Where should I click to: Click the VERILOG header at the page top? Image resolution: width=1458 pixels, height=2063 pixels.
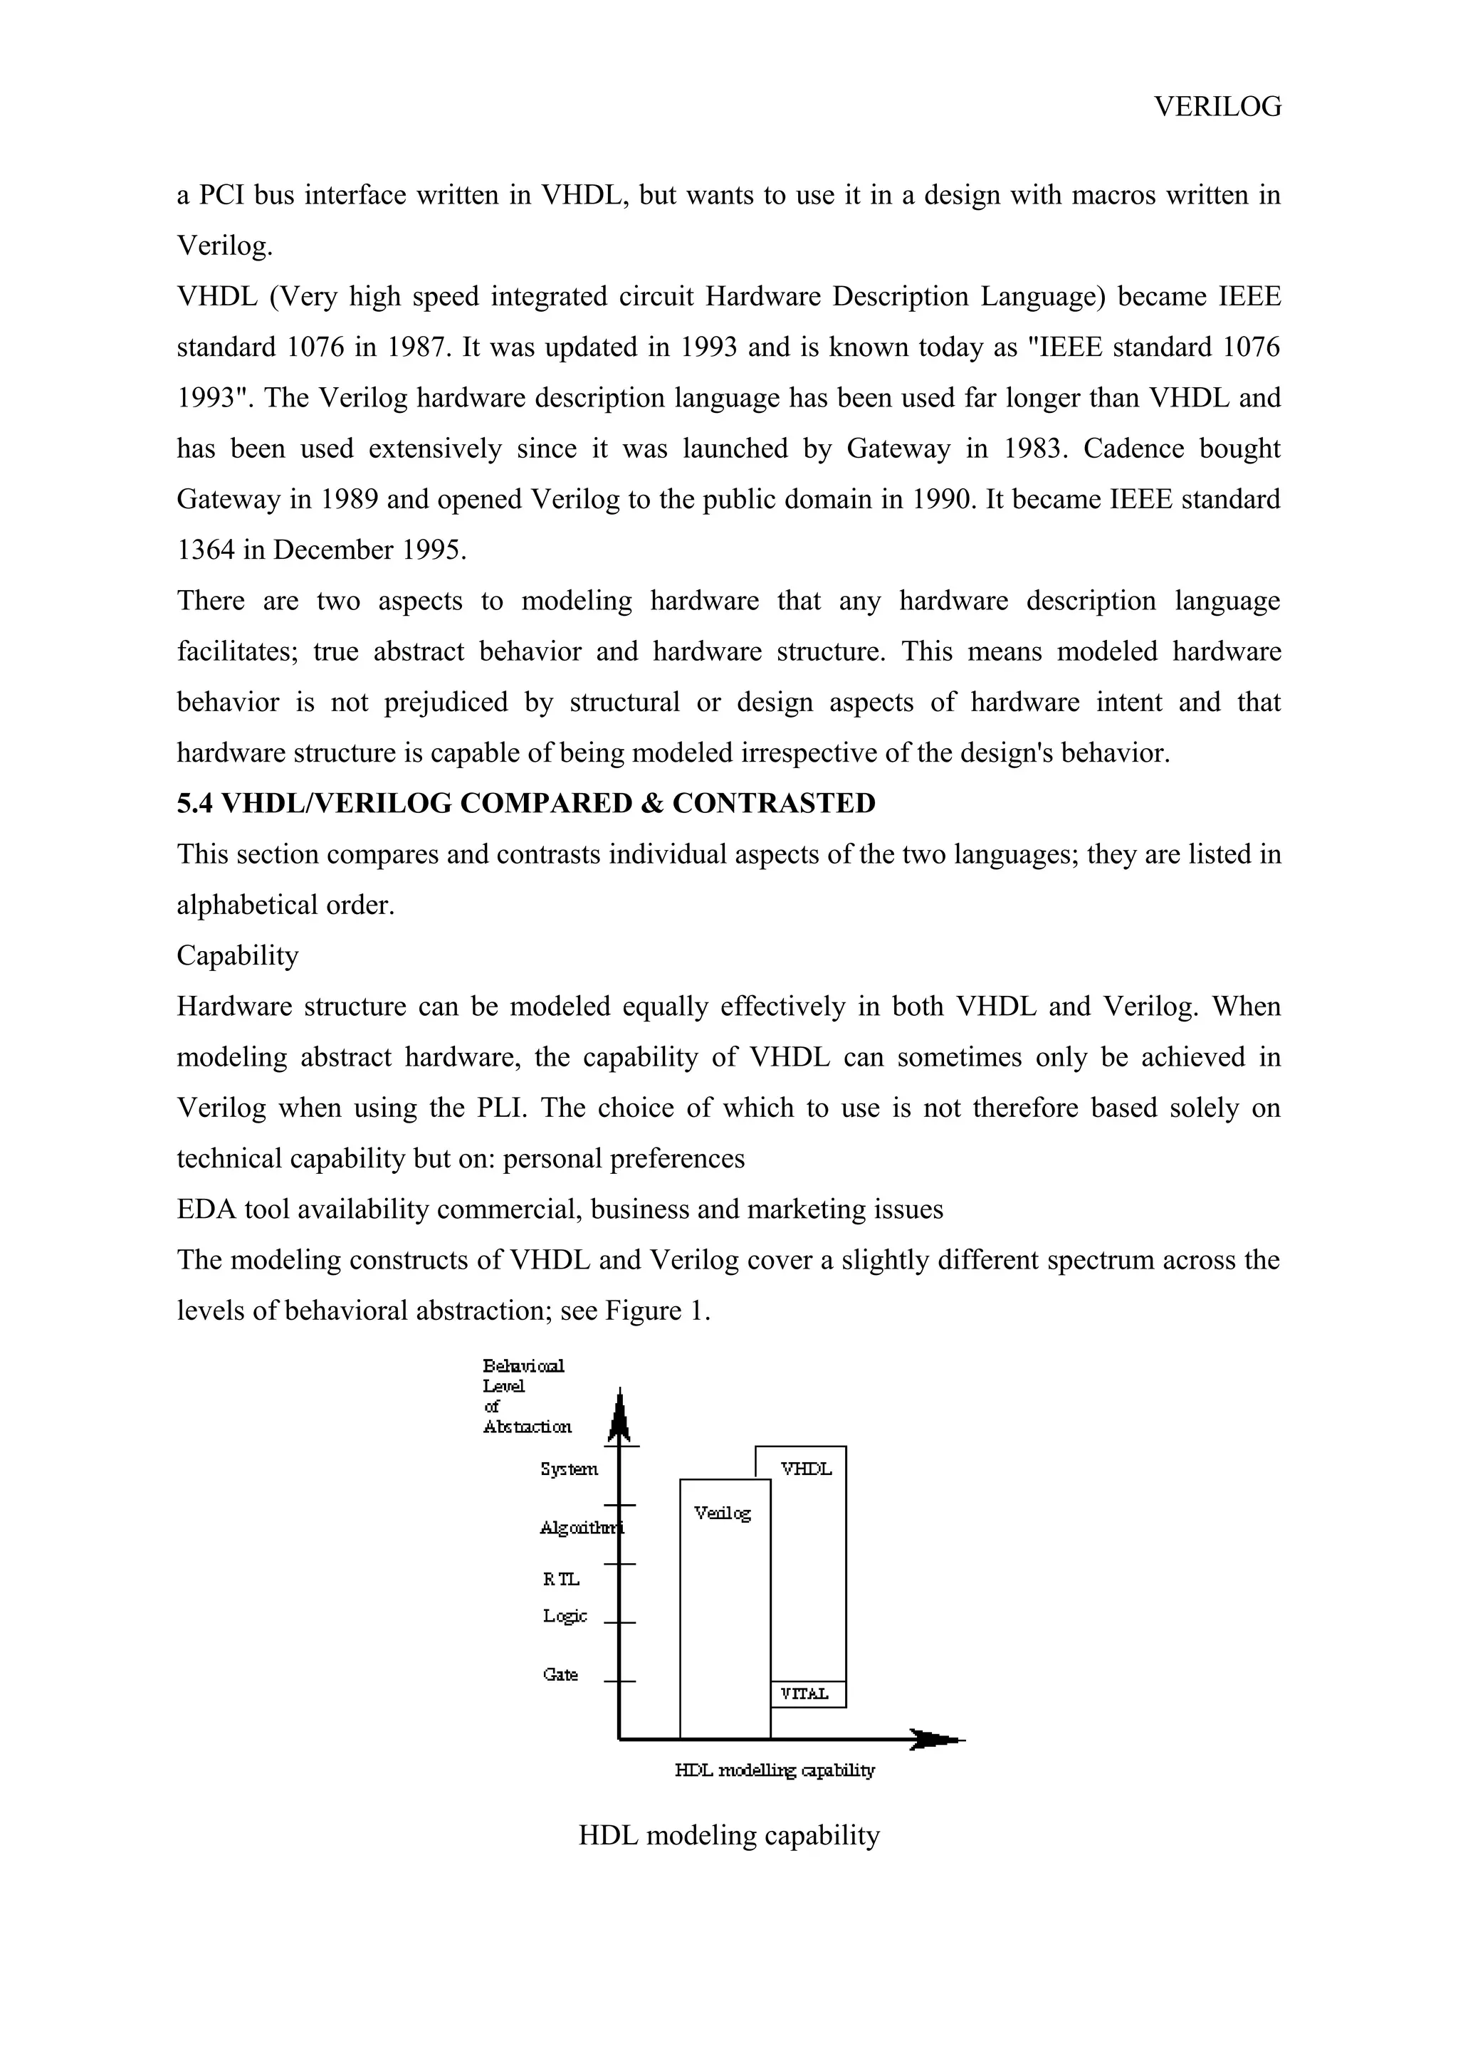point(1217,107)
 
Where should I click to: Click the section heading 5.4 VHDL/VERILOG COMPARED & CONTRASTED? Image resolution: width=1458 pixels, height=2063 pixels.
point(525,803)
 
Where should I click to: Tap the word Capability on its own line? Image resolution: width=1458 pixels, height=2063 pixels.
point(237,955)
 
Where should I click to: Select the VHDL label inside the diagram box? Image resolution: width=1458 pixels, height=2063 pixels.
point(806,1469)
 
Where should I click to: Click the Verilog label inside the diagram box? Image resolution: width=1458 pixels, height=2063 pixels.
point(723,1513)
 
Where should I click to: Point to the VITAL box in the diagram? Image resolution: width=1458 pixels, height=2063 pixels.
point(807,1694)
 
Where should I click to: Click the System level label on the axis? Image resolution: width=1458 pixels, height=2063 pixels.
point(569,1469)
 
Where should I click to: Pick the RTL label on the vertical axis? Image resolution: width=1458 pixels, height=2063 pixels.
point(562,1580)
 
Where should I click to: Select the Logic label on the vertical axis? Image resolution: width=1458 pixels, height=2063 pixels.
point(564,1615)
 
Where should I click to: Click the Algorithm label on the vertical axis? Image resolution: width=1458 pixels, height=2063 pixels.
point(579,1528)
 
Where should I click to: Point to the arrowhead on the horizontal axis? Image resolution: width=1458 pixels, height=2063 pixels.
point(934,1740)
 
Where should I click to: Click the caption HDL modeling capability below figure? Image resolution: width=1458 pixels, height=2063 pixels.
point(728,1834)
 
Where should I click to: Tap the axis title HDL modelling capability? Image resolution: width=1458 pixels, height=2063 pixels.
point(775,1770)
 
